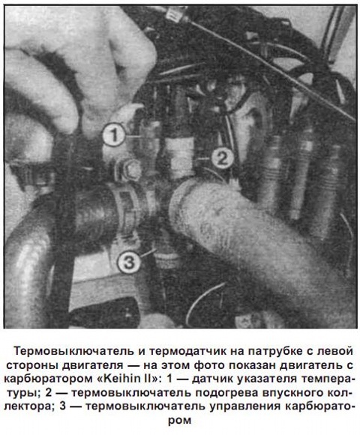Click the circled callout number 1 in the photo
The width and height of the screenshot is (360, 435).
114,136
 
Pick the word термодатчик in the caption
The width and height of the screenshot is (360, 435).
183,350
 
